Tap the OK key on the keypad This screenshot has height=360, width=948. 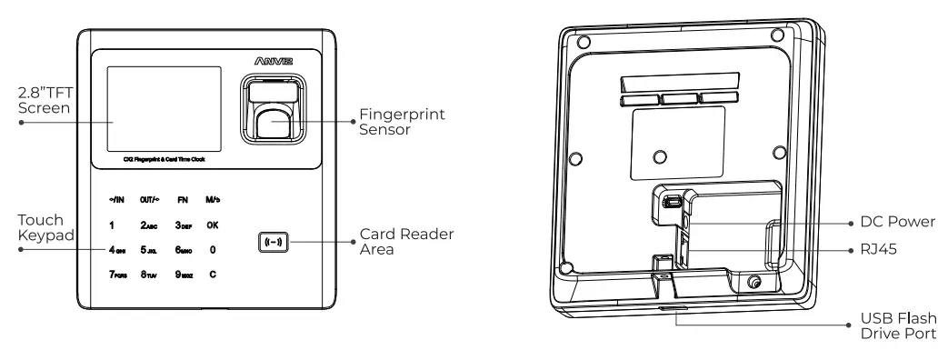(x=212, y=224)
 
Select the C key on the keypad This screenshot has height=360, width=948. (x=212, y=274)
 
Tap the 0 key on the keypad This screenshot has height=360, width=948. (x=212, y=248)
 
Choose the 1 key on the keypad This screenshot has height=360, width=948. (x=111, y=224)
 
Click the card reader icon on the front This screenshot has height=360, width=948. (x=274, y=243)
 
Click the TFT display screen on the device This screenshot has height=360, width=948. (x=164, y=107)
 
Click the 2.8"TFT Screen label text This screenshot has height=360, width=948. (x=45, y=101)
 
